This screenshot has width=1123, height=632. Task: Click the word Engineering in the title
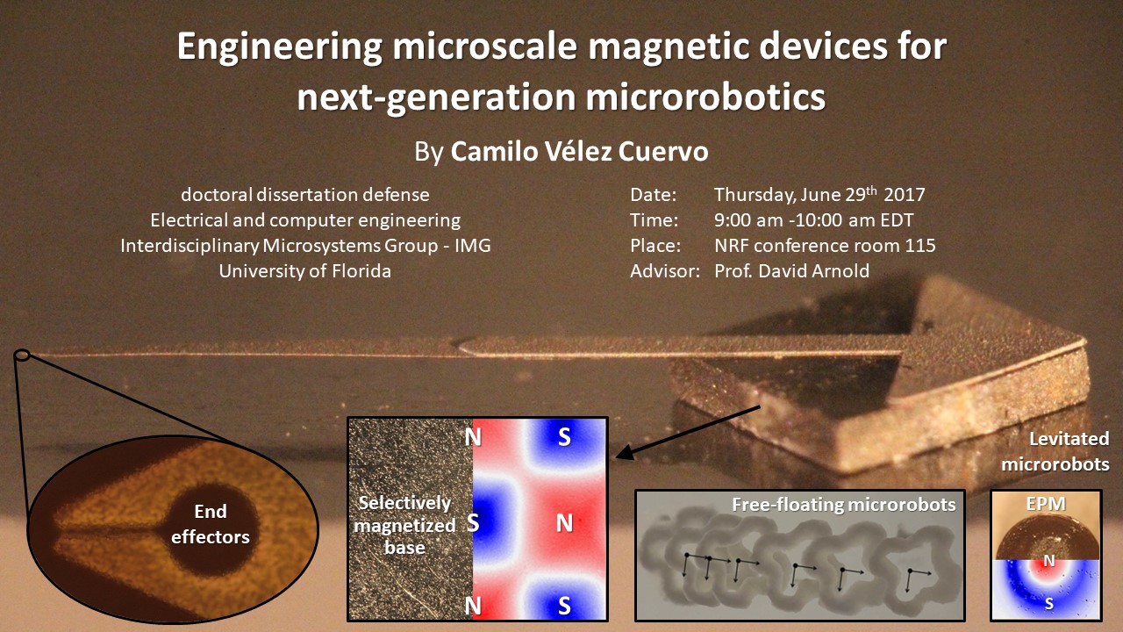coord(279,47)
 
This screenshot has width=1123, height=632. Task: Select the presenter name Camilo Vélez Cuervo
coord(579,152)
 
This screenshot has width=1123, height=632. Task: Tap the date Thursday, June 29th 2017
coord(819,194)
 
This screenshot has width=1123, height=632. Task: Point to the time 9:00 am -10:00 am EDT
coord(813,219)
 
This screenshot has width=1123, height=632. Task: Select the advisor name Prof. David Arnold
coord(791,271)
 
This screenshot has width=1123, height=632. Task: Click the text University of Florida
coord(304,271)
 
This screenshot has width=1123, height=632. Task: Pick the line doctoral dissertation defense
coord(304,195)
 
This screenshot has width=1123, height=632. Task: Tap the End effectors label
coord(211,524)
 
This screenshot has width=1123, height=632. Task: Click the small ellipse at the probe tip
coord(22,355)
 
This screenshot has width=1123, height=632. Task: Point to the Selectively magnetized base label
coord(404,525)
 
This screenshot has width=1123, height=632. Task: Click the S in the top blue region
coord(564,437)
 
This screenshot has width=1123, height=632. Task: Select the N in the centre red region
coord(564,524)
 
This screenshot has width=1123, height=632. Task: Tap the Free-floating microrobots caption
coord(844,505)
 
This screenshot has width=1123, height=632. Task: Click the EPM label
coord(1046,504)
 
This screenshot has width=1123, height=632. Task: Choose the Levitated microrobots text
coord(1055,451)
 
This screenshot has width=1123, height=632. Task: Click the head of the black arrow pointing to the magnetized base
coord(617,457)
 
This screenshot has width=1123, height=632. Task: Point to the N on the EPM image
coord(1048,561)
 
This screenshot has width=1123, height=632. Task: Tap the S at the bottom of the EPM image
coord(1048,603)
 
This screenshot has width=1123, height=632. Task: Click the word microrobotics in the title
coord(705,97)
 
